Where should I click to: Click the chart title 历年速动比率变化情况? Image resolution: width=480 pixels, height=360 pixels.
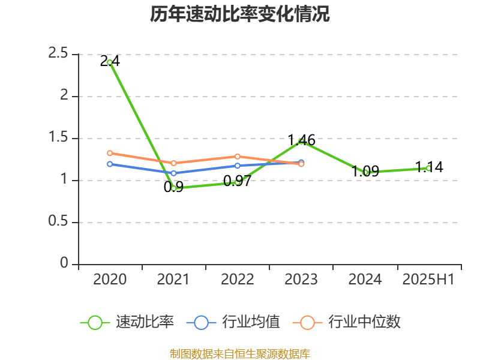(240, 14)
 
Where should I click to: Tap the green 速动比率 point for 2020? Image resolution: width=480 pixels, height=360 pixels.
(110, 62)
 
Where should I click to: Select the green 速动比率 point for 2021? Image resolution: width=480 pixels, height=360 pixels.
(173, 188)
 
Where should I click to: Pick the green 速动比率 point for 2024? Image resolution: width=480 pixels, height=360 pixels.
(365, 172)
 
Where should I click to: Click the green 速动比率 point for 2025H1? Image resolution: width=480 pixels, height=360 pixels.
(428, 168)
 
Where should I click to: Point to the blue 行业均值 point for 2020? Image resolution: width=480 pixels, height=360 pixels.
(110, 164)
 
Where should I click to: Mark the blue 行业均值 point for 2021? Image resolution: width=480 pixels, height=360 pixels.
(173, 173)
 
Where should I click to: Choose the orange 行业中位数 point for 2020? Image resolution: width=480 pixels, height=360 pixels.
(110, 153)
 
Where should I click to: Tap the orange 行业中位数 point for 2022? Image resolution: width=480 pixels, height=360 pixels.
(238, 156)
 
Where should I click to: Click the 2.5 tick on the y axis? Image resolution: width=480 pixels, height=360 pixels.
(59, 54)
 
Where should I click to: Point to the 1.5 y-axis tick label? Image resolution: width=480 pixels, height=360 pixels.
(59, 138)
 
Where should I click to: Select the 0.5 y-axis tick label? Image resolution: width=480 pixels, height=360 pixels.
(59, 222)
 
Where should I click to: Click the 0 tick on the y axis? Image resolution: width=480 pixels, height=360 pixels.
(64, 264)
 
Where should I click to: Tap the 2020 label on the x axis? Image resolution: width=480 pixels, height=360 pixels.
(110, 279)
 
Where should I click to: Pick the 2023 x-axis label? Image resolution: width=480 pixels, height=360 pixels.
(301, 279)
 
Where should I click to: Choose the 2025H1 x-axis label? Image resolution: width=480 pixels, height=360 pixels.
(428, 279)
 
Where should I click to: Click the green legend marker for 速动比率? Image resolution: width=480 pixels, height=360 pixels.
(94, 322)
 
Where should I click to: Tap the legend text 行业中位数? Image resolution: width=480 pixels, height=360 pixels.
(364, 322)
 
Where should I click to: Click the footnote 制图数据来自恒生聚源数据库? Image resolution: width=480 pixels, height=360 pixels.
(240, 353)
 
